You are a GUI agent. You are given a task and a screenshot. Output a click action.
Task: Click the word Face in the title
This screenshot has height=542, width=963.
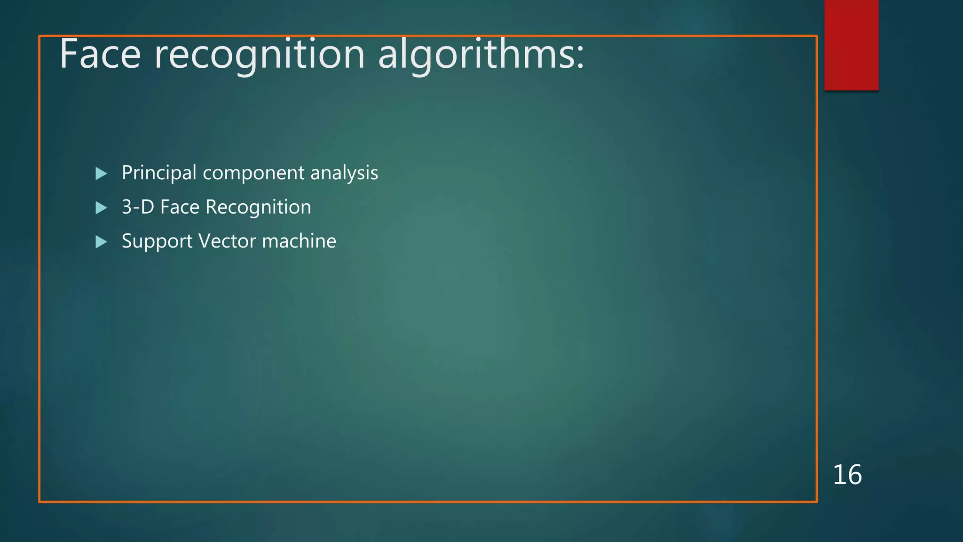point(100,55)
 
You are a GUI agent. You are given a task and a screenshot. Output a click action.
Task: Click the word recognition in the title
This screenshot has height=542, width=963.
point(260,55)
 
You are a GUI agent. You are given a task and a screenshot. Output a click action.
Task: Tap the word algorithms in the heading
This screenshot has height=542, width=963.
point(475,55)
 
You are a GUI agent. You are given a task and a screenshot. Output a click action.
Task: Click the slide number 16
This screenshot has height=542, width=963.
point(847,474)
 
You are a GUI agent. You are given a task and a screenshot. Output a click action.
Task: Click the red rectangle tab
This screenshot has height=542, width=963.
point(851,45)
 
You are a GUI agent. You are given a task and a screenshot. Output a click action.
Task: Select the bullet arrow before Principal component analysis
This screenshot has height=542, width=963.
point(101,174)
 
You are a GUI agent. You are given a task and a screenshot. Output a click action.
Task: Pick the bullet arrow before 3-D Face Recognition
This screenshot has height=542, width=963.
point(101,207)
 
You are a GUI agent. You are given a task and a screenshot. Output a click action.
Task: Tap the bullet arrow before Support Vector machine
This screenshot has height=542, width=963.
point(101,242)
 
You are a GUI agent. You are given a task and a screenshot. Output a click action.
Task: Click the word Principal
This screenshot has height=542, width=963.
point(159,173)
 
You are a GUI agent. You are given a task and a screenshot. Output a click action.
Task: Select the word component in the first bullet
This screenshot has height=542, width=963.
point(253,173)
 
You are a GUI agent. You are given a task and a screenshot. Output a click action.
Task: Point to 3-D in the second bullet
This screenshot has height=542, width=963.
point(138,207)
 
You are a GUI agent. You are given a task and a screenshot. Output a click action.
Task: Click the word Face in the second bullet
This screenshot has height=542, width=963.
point(180,207)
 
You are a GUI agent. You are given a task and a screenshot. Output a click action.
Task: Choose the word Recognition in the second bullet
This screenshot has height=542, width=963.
point(258,207)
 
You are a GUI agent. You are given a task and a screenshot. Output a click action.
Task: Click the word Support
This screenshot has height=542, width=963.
point(157,241)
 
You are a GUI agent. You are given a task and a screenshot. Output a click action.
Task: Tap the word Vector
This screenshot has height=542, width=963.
point(227,241)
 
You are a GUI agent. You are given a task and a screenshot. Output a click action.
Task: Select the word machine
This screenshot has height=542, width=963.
point(299,241)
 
